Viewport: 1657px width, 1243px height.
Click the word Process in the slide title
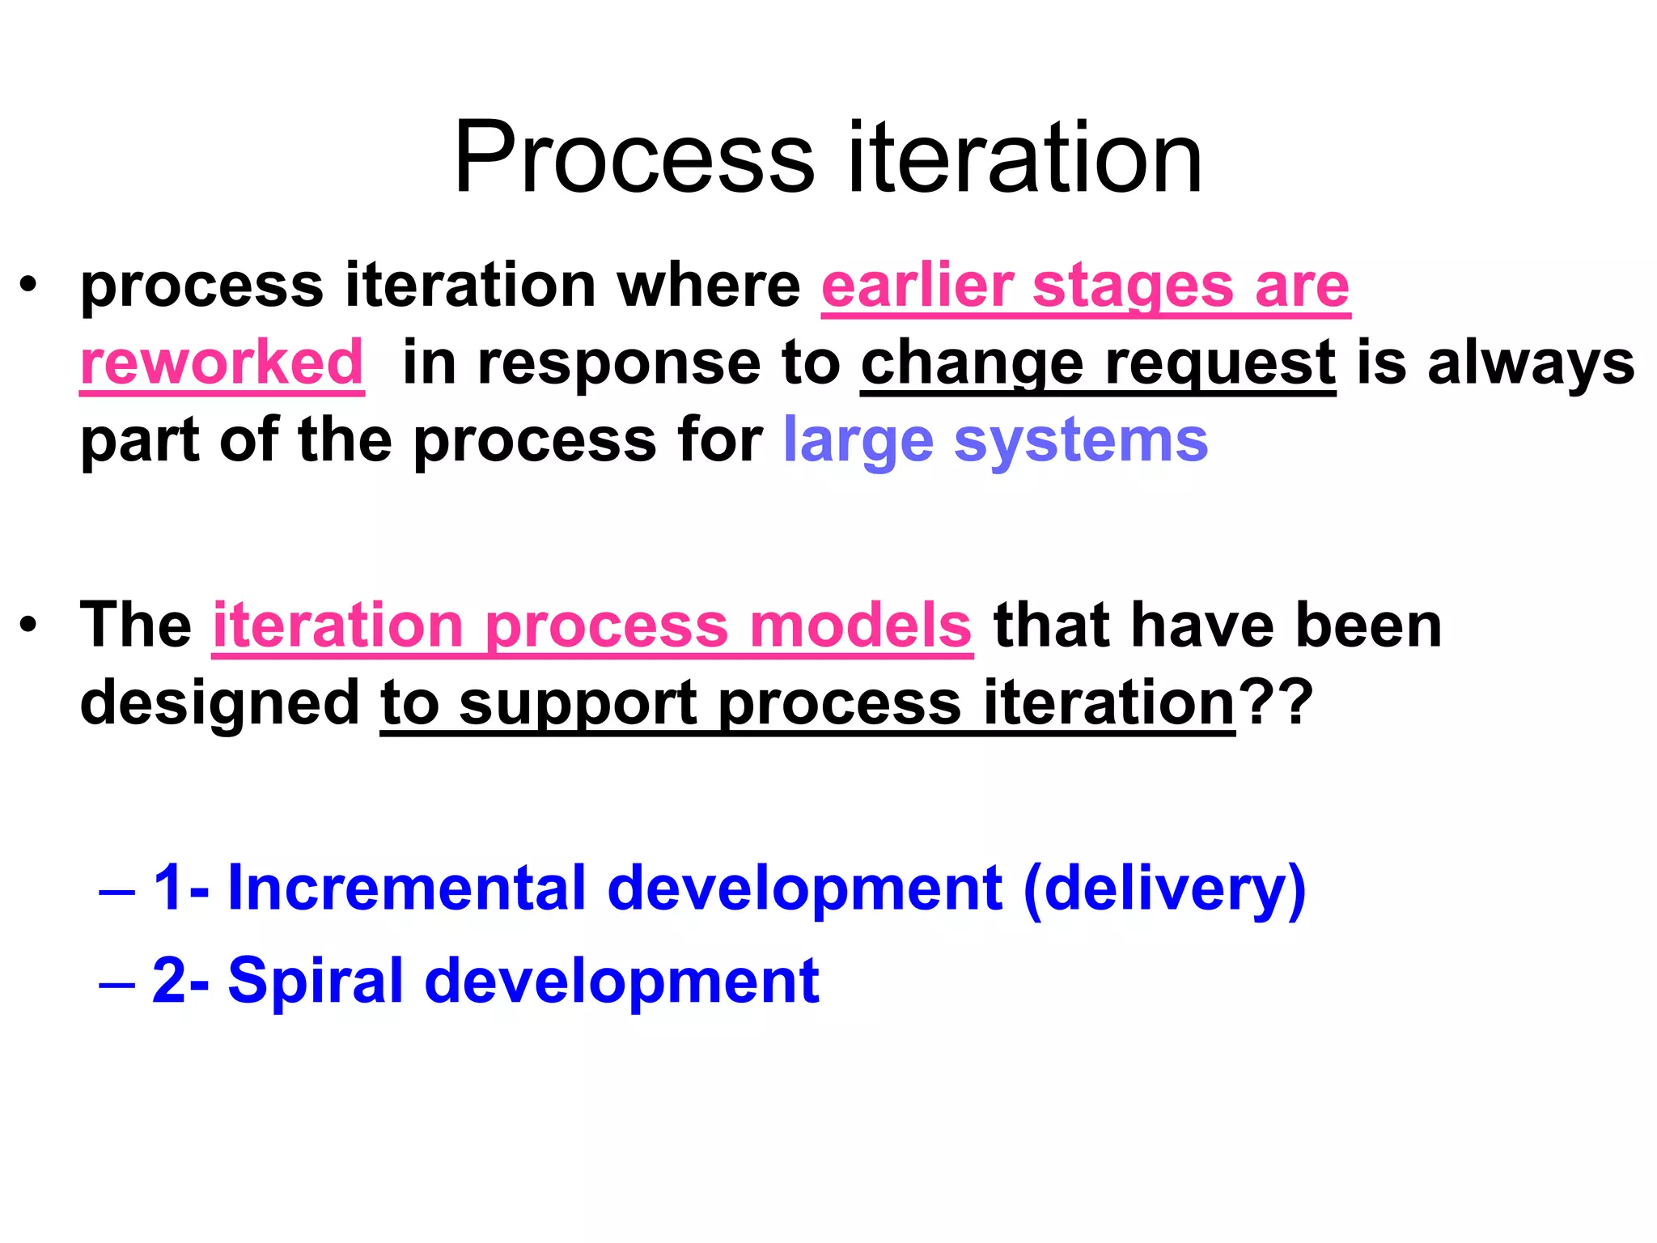tap(634, 158)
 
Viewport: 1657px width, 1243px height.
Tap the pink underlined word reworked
tap(222, 363)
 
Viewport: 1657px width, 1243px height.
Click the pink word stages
tap(1134, 286)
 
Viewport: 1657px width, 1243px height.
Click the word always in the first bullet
tap(1531, 363)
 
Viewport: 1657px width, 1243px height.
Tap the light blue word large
tap(858, 441)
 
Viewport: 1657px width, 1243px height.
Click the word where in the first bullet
tap(709, 286)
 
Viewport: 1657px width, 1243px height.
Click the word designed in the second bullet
tap(219, 702)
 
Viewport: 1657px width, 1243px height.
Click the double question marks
tap(1278, 702)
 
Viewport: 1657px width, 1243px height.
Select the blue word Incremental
tap(407, 888)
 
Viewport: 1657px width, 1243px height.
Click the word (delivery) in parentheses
tap(1164, 888)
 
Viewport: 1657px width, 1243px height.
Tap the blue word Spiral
tap(316, 980)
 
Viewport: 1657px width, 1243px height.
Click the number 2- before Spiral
tap(180, 980)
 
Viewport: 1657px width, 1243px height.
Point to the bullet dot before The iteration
tap(29, 626)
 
